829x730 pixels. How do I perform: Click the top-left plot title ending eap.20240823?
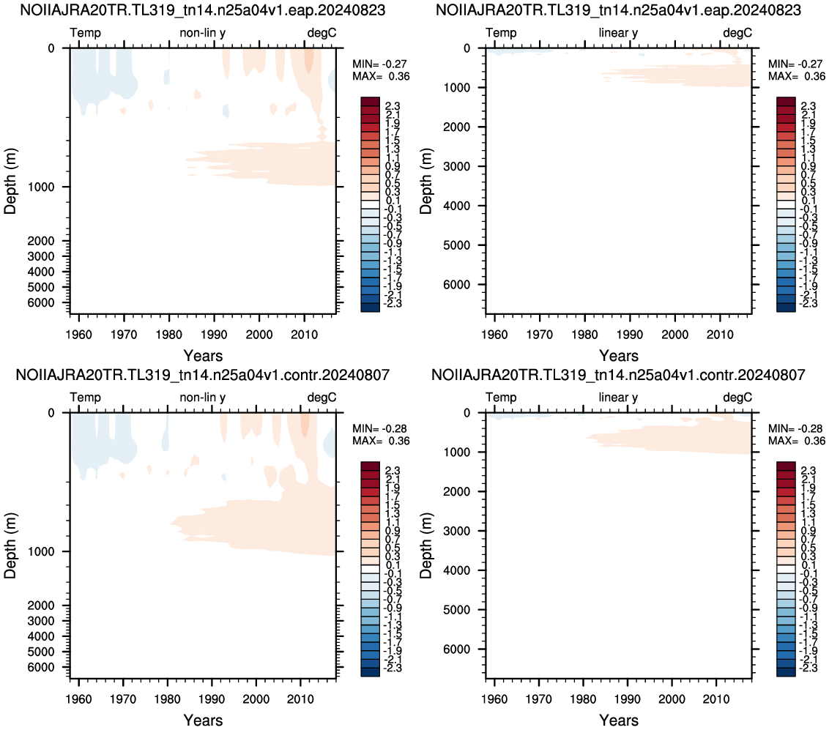pyautogui.click(x=203, y=10)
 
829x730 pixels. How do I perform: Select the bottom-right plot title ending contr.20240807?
pyautogui.click(x=618, y=375)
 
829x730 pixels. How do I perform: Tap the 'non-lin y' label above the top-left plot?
pyautogui.click(x=203, y=33)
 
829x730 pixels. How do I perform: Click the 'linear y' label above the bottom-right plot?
pyautogui.click(x=618, y=397)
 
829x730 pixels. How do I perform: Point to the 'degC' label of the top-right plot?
pyautogui.click(x=737, y=33)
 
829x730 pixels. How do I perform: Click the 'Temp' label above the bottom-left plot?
pyautogui.click(x=85, y=397)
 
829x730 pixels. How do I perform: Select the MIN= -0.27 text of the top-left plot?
pyautogui.click(x=379, y=64)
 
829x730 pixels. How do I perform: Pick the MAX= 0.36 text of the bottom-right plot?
pyautogui.click(x=796, y=441)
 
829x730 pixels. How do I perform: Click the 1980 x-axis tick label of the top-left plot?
pyautogui.click(x=168, y=335)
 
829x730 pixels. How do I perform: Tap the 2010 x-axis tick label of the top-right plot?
pyautogui.click(x=720, y=335)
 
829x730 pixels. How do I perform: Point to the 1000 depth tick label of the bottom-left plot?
pyautogui.click(x=41, y=551)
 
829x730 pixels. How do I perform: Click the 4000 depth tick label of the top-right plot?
pyautogui.click(x=457, y=206)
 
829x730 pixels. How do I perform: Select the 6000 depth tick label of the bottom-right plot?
pyautogui.click(x=457, y=649)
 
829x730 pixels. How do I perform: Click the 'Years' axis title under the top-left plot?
pyautogui.click(x=203, y=356)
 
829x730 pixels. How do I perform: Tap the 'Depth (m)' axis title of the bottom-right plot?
pyautogui.click(x=426, y=545)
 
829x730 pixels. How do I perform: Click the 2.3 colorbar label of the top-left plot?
pyautogui.click(x=393, y=106)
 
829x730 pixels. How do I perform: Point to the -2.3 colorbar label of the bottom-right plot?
pyautogui.click(x=808, y=668)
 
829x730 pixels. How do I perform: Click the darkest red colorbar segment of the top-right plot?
pyautogui.click(x=786, y=102)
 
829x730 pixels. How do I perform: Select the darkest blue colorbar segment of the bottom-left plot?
pyautogui.click(x=370, y=672)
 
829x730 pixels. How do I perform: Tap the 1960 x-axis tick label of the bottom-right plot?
pyautogui.click(x=494, y=699)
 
